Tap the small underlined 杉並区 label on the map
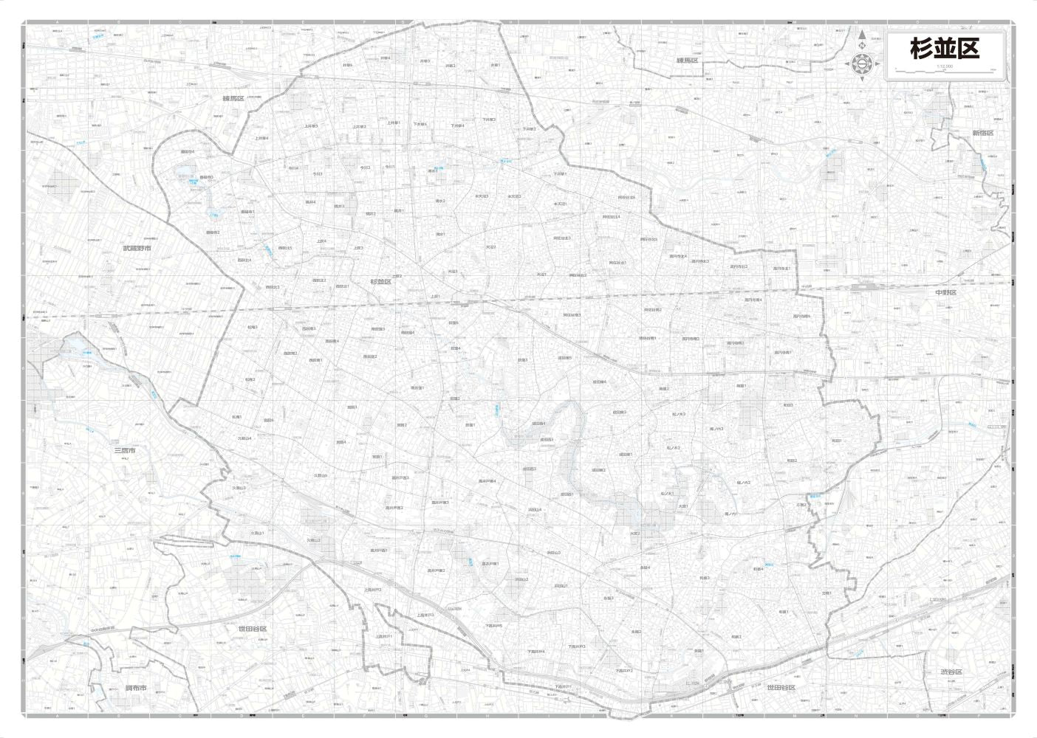(381, 281)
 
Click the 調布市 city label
(136, 688)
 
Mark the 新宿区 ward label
(983, 134)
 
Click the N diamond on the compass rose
(862, 46)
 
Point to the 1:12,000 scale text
(944, 66)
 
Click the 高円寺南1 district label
(783, 353)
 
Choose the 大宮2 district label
(635, 533)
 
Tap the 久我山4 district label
(244, 438)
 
